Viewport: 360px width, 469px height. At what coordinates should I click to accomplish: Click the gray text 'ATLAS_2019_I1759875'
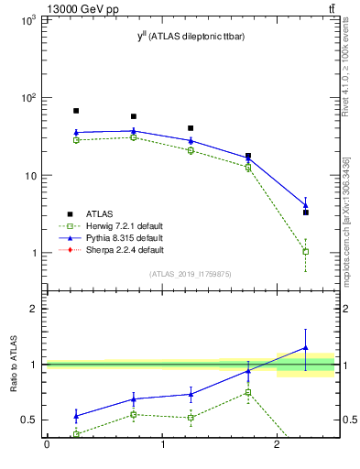coord(191,274)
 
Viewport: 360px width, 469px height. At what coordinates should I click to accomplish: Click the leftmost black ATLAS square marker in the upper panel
coord(76,111)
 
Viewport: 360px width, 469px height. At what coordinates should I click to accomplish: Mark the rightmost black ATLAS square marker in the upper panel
coord(305,212)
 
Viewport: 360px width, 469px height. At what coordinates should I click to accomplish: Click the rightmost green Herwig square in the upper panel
coord(305,251)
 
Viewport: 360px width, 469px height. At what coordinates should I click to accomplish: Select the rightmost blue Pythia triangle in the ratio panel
coord(305,348)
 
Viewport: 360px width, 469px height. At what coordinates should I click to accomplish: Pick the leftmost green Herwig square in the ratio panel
coord(76,434)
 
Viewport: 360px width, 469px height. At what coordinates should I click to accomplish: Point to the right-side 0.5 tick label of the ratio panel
coord(348,420)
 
